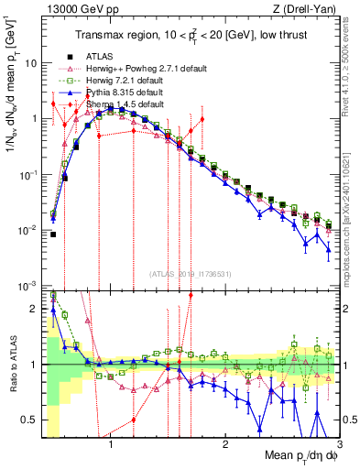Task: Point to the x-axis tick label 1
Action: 111,446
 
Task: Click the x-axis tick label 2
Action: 225,446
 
